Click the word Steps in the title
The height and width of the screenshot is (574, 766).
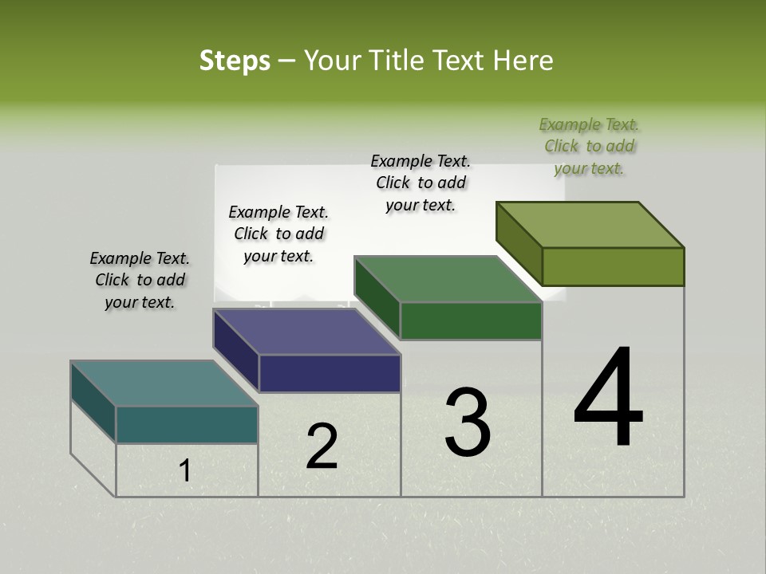(x=235, y=61)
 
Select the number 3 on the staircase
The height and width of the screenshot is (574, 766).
(x=468, y=423)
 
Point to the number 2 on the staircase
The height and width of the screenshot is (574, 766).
(x=322, y=446)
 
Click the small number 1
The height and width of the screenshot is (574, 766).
(x=185, y=471)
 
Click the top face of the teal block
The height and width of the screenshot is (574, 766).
(x=164, y=383)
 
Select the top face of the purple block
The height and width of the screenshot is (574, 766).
(x=306, y=332)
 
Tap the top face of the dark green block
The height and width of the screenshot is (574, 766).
(x=448, y=279)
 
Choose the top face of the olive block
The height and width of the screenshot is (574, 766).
(x=590, y=225)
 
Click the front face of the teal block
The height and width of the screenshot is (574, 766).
(x=187, y=425)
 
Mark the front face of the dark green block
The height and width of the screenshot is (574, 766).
(x=471, y=321)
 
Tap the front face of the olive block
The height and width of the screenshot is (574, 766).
(x=613, y=266)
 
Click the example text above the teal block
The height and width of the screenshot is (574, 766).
(x=140, y=281)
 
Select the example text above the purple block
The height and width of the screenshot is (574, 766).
(x=278, y=234)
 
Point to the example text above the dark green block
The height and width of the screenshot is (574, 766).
(x=421, y=183)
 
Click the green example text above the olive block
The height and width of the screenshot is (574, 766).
(x=589, y=147)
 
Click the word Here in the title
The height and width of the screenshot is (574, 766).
(x=523, y=61)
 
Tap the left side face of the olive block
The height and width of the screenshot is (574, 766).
(x=519, y=243)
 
